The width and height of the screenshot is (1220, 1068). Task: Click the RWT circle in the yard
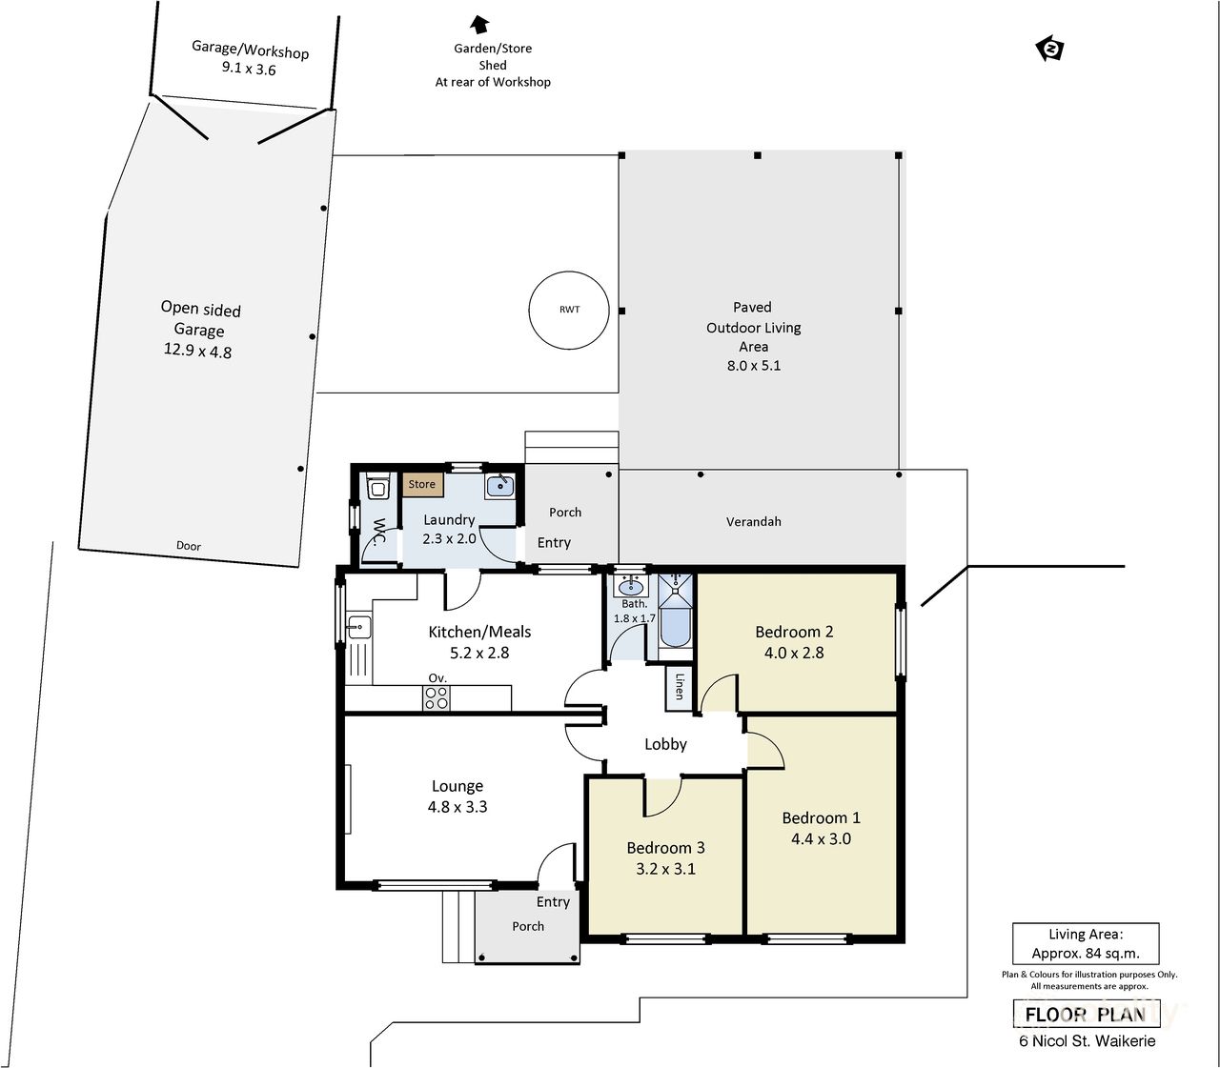point(568,310)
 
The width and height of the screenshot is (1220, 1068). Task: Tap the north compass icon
point(1049,49)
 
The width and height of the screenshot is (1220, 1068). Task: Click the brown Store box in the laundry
point(421,484)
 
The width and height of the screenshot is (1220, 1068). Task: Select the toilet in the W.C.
point(377,489)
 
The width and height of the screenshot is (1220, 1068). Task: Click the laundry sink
point(499,487)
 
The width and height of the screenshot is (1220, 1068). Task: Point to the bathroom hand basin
point(629,586)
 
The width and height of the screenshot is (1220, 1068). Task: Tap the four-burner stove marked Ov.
point(436,698)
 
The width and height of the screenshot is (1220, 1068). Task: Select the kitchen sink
point(358,627)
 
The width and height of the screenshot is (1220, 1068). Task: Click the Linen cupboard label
point(679,686)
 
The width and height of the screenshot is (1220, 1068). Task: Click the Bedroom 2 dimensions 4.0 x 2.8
point(794,653)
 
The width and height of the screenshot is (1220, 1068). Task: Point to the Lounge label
point(457,786)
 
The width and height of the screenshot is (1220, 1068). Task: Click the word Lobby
point(665,744)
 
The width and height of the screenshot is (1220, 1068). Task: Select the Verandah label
point(753,521)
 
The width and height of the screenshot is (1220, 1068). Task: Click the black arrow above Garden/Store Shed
point(479,24)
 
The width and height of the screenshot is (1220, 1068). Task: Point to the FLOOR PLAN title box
point(1086,1015)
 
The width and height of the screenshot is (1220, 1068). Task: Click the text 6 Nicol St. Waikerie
point(1088,1041)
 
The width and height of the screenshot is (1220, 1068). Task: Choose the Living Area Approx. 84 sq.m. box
point(1086,944)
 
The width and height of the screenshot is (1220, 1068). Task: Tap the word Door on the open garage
point(189,546)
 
